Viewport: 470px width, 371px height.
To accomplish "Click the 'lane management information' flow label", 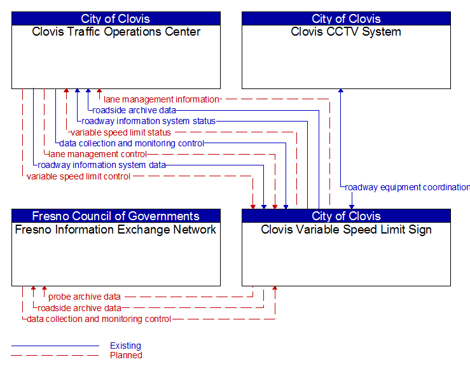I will [161, 99].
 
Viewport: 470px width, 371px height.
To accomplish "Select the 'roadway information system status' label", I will [148, 121].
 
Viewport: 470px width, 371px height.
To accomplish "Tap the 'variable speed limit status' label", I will [120, 132].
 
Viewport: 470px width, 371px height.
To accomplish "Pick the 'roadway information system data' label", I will [102, 165].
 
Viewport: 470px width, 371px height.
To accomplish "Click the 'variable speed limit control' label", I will [78, 176].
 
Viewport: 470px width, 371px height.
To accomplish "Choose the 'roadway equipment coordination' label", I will [406, 187].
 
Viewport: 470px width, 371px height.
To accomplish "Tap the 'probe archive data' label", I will [85, 297].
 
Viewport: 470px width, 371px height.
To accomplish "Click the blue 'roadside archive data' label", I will [134, 110].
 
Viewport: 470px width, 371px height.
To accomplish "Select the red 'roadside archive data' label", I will [79, 308].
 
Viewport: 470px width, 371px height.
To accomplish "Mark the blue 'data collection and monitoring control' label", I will [132, 143].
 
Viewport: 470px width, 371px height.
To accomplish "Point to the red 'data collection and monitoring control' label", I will [99, 319].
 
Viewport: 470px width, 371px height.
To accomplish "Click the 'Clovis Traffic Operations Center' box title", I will [116, 32].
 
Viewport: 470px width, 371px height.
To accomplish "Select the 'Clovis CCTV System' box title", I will [346, 32].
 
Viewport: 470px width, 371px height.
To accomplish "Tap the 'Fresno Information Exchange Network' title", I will [116, 230].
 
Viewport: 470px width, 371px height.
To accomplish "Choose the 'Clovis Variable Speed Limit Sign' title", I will [346, 230].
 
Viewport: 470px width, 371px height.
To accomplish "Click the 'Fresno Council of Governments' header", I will [116, 216].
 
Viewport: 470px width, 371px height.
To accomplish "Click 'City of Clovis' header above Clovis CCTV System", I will [346, 18].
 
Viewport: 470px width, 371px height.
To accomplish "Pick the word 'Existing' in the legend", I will [125, 346].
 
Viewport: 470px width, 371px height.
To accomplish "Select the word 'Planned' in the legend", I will [126, 355].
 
